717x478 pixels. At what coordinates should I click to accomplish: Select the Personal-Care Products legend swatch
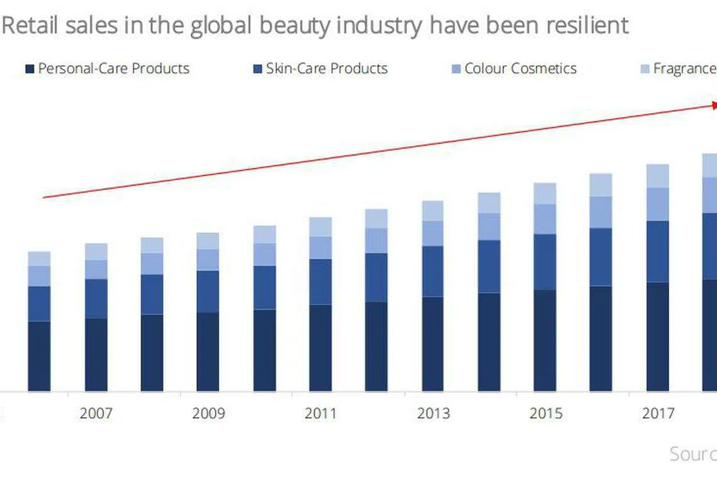30,69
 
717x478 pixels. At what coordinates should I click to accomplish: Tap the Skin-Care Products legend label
326,69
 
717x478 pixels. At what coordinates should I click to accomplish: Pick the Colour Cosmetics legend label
520,69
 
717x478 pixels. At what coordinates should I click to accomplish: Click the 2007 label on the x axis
96,413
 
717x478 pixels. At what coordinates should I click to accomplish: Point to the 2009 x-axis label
208,413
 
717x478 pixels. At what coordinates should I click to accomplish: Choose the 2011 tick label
320,413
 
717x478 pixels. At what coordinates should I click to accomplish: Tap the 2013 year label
433,413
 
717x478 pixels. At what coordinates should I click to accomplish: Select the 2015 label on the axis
545,413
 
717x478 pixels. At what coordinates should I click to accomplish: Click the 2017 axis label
658,413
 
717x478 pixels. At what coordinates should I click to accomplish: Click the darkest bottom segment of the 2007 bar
96,354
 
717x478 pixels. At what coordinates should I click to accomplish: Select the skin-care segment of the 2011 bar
320,282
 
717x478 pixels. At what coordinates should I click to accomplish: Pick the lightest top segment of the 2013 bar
433,211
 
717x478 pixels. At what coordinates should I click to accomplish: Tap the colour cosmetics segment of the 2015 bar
545,219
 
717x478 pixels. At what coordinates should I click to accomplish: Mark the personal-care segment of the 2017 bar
658,336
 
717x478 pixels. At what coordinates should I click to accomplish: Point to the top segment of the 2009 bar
208,240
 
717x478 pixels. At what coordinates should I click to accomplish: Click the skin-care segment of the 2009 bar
208,291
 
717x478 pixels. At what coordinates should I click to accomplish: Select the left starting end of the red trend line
43,197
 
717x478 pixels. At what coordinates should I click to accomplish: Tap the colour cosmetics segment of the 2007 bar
96,269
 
